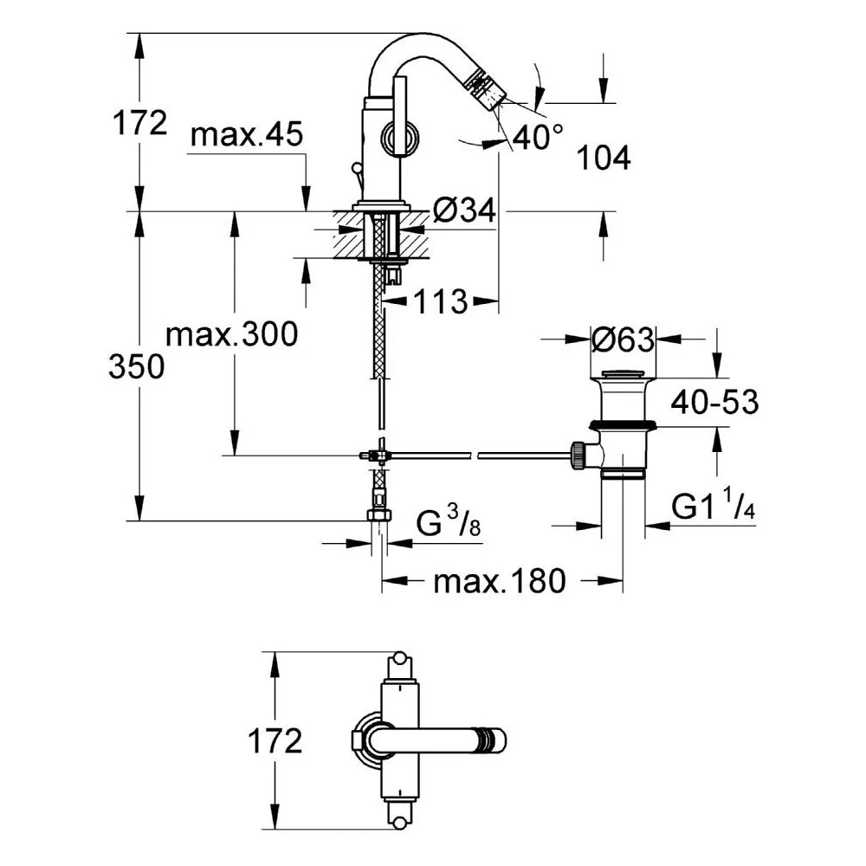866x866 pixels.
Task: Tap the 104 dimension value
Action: tap(604, 158)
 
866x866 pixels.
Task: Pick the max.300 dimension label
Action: tap(231, 333)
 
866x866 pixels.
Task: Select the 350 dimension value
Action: tap(136, 367)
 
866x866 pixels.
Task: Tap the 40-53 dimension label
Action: tap(716, 402)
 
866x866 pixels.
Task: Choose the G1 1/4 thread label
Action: tap(714, 507)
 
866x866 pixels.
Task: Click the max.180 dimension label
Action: tap(499, 580)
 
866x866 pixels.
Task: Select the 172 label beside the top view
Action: tap(274, 741)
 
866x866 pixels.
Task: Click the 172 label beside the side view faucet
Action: tap(139, 124)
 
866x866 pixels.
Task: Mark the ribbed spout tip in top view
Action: tap(491, 741)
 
